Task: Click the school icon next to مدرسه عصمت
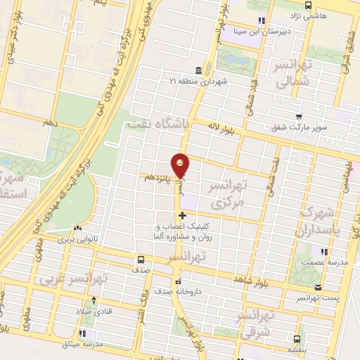323,251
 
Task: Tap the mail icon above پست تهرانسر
319,287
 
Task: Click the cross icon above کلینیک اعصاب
183,215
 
